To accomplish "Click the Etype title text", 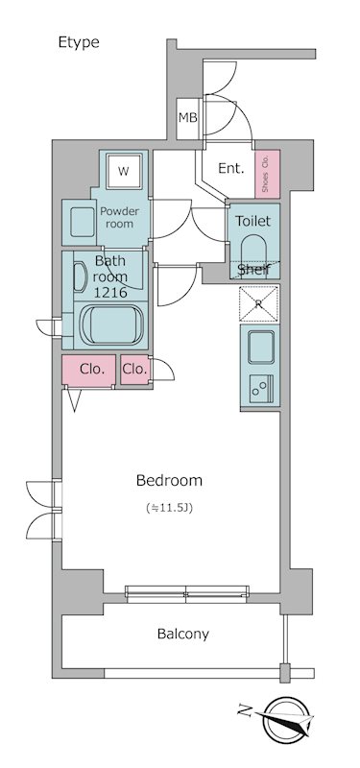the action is pos(79,42).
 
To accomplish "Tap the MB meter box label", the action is pos(187,117).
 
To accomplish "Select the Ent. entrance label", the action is pos(230,169).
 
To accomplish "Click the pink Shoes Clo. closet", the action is pos(268,174).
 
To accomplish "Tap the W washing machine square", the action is pos(124,171).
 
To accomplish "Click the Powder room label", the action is pos(119,218).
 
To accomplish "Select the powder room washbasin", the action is pos(79,222).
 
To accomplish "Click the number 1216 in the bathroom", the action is pos(111,293).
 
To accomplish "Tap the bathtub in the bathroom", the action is pos(111,324).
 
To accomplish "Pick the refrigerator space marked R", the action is pos(258,303).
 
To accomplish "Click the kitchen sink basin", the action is pos(260,347).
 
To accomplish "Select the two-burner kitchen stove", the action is pos(261,389).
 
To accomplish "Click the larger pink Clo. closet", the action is pos(88,370).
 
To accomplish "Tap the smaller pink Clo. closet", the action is pos(134,370).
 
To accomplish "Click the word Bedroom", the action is pos(169,481).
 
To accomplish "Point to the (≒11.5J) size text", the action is pos(170,508).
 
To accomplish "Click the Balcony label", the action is pos(183,635).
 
